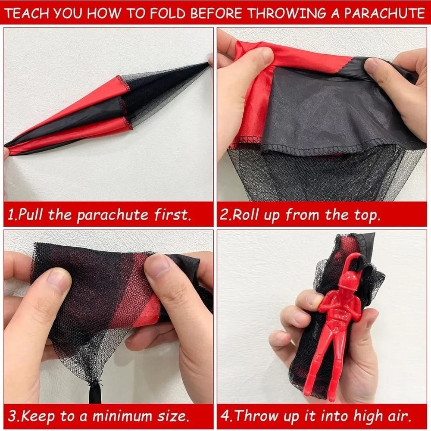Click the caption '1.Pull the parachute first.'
[x=100, y=214]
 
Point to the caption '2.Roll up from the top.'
[x=300, y=214]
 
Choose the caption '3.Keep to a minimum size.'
[x=99, y=416]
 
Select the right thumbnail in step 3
[x=158, y=265]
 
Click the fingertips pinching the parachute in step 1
[x=210, y=62]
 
